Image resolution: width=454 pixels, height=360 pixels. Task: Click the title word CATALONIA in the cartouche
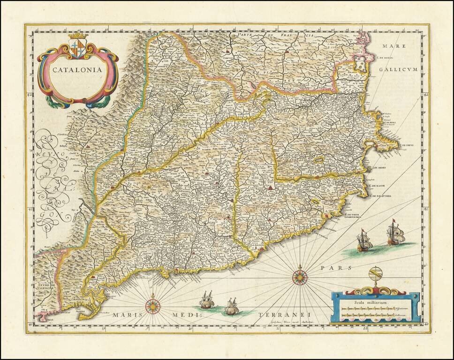point(76,69)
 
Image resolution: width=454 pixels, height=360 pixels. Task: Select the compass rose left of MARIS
point(153,307)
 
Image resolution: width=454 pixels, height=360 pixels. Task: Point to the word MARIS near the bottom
point(126,315)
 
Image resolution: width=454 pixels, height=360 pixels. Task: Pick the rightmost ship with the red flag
point(396,233)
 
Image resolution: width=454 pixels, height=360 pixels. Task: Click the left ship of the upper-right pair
point(364,241)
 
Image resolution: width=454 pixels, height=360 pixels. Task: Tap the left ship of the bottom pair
point(206,300)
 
